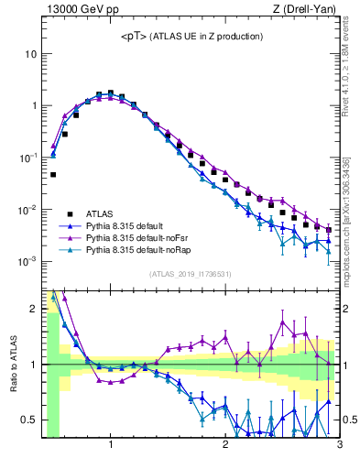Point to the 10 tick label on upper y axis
[x=30, y=53]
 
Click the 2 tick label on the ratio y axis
[x=33, y=309]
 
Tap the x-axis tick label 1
[x=111, y=446]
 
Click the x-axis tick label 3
[x=339, y=446]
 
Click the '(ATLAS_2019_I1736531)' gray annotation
[x=191, y=274]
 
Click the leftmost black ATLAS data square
[x=53, y=174]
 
